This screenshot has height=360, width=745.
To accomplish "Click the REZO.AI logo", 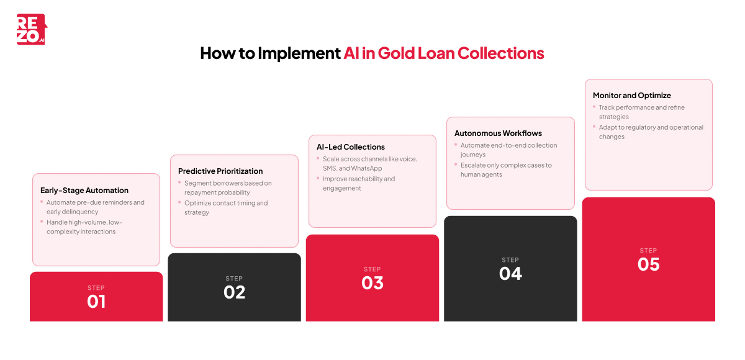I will click(31, 29).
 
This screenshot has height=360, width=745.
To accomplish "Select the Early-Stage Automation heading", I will click(84, 191).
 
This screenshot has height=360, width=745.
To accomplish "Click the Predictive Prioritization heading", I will click(220, 171).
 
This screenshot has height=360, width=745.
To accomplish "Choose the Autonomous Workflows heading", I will click(498, 133).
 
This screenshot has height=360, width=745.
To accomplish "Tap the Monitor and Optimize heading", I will click(631, 96).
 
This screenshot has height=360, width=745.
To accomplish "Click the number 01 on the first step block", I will click(96, 302).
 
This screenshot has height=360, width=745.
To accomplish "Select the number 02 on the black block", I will click(235, 292).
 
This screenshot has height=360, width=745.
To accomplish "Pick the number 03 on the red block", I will click(372, 283).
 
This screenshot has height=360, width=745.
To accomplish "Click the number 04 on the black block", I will click(510, 274).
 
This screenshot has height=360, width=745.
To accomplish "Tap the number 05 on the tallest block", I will click(648, 264).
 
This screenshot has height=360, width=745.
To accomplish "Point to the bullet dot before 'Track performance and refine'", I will click(594, 106).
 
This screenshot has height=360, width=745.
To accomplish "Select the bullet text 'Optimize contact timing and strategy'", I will click(225, 208).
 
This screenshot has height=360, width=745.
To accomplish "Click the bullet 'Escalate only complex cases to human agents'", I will click(505, 170).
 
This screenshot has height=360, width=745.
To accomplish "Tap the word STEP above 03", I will click(372, 269).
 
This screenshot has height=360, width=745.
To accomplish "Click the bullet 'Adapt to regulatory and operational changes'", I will click(650, 132).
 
